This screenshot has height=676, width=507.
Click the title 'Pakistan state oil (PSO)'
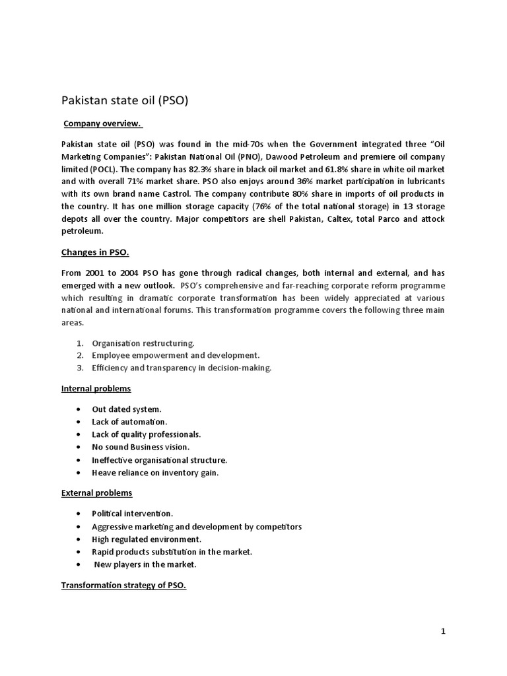(x=125, y=100)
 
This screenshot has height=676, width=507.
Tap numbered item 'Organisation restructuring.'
(x=143, y=343)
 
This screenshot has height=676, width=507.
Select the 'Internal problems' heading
(x=96, y=388)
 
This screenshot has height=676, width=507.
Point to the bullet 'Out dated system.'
(x=127, y=409)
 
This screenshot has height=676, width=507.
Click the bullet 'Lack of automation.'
(x=129, y=422)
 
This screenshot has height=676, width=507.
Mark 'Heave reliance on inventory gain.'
(x=155, y=473)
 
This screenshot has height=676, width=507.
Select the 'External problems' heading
(x=96, y=492)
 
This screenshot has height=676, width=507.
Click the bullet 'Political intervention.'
(x=133, y=514)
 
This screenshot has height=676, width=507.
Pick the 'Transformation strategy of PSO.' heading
(x=123, y=585)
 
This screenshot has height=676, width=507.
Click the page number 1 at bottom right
(x=444, y=632)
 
